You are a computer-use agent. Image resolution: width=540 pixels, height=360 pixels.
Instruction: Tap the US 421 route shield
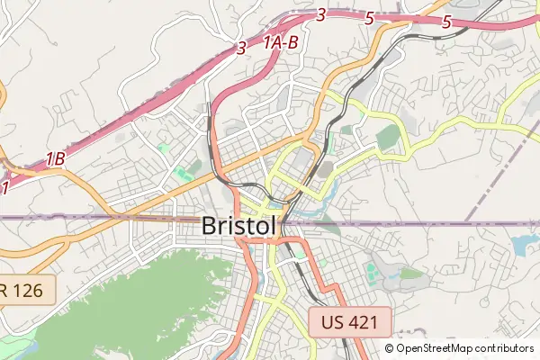coord(350,321)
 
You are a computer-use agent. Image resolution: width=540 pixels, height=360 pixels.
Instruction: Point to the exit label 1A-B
coord(280,42)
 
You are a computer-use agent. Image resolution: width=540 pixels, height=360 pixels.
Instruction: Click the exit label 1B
coord(56,159)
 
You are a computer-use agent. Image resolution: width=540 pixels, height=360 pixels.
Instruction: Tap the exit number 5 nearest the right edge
coord(446,22)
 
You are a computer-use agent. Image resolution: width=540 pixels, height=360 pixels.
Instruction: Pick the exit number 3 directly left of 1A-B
coord(241,49)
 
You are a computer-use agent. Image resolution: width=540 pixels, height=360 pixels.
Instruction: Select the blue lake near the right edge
coord(524,243)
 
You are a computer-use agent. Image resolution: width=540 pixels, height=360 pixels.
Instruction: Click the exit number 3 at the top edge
coord(321,13)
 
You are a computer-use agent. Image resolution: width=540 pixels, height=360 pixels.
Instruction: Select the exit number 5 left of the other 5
coord(370,17)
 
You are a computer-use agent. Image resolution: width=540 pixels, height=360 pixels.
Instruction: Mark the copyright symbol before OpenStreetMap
coord(390,348)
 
